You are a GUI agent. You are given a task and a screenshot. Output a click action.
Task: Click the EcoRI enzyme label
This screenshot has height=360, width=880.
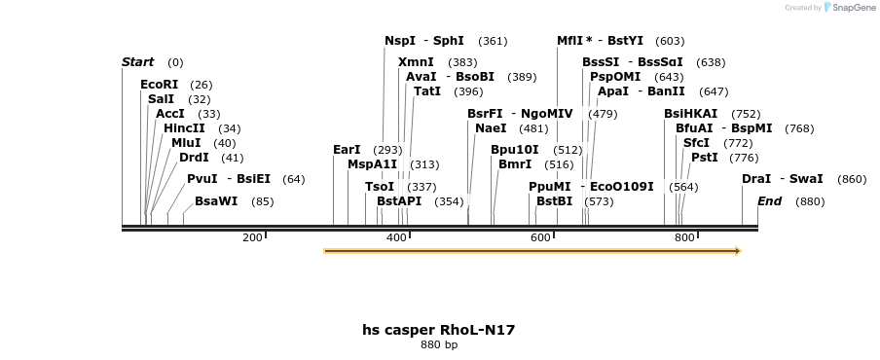tap(160, 85)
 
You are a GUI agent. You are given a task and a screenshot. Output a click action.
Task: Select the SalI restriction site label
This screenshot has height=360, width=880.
tap(162, 99)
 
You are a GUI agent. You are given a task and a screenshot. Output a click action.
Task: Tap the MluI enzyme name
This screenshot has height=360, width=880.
tap(186, 143)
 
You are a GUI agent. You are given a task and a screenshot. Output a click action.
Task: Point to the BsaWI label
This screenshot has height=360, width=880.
tap(216, 201)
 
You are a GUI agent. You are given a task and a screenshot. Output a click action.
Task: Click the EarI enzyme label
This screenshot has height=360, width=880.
tap(347, 150)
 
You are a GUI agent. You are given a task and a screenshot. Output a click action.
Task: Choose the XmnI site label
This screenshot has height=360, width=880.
tap(416, 62)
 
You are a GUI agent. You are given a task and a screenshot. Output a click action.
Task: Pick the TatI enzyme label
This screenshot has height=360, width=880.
tap(427, 91)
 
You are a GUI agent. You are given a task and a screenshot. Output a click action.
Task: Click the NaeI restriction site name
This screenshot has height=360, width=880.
tap(491, 128)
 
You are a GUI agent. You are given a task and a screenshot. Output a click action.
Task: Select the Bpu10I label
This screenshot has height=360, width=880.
tap(514, 150)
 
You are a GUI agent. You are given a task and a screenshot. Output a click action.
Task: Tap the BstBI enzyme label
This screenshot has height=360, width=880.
tap(555, 201)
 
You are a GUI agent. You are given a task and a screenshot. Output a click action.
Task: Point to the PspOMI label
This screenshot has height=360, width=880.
tap(615, 77)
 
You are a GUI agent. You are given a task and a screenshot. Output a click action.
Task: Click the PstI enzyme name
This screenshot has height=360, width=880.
tap(705, 158)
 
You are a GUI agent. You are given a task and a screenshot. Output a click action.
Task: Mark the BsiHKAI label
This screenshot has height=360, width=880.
tap(690, 114)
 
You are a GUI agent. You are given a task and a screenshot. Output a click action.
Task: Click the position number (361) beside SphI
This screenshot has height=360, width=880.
tap(493, 42)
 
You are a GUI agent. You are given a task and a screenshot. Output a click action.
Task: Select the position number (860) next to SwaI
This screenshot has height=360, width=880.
tap(851, 180)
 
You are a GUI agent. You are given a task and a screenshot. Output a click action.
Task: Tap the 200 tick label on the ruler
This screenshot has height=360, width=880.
tap(252, 237)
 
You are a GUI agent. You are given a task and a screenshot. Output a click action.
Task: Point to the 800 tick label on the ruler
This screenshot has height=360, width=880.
tap(684, 237)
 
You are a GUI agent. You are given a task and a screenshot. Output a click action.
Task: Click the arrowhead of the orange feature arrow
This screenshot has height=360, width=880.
tap(737, 251)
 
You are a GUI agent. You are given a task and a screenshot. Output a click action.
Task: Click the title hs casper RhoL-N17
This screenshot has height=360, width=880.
tap(438, 330)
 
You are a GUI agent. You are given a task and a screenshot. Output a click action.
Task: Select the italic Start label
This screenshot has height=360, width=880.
tap(137, 62)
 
